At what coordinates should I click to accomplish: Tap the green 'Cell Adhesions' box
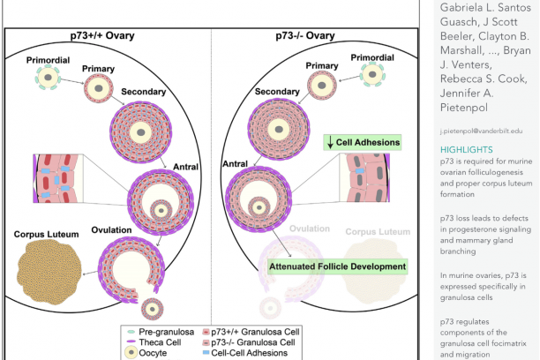(x=362, y=141)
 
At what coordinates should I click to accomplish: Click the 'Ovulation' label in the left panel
(x=111, y=231)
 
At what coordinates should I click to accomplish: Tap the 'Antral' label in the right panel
(x=236, y=163)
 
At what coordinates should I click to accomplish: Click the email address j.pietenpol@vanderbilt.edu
(x=476, y=130)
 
